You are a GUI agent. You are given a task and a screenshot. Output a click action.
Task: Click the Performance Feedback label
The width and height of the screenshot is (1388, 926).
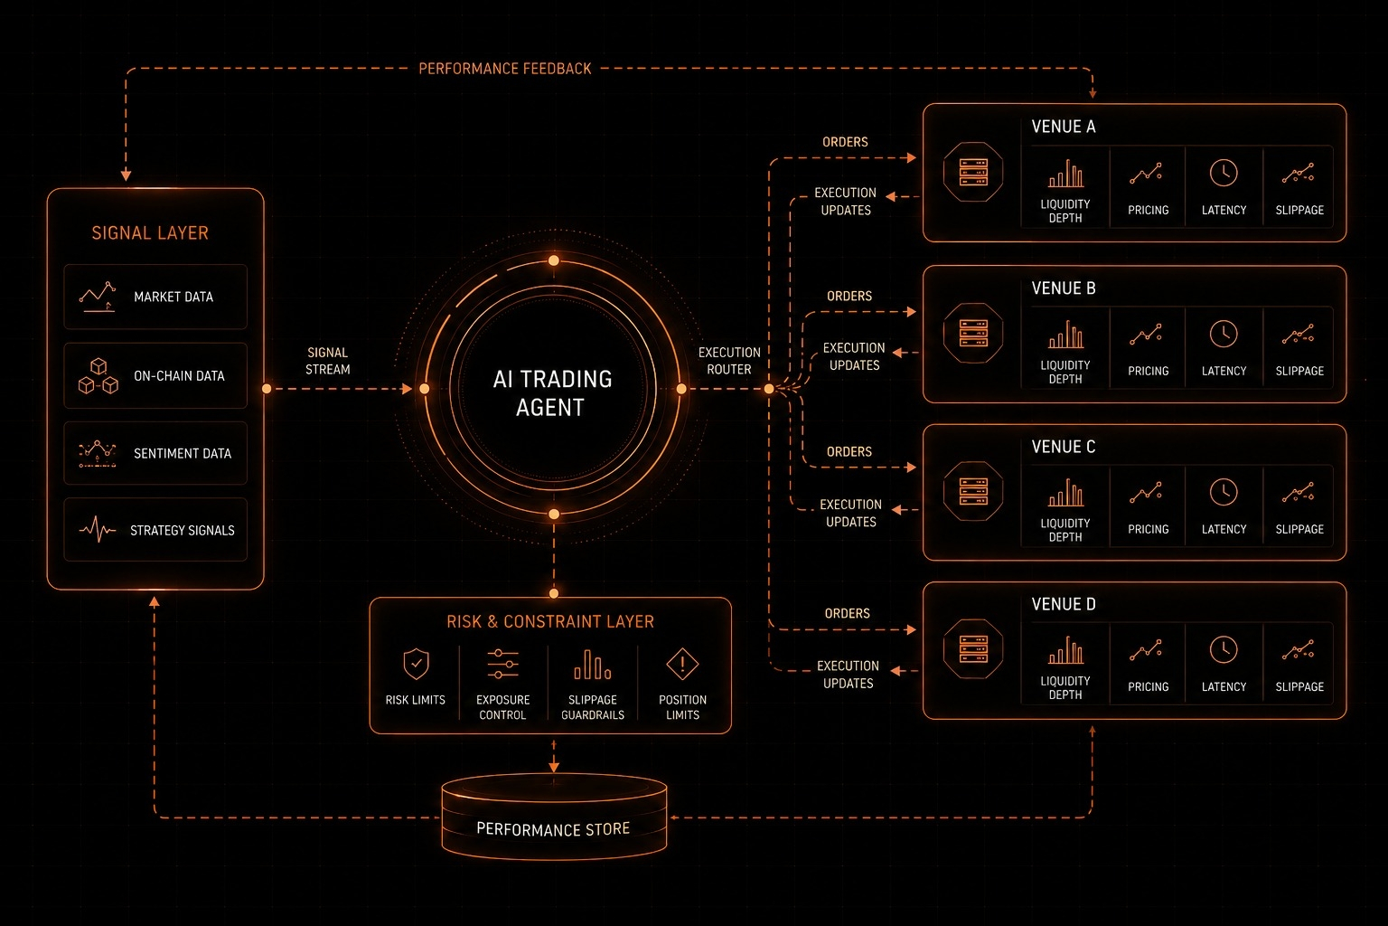pos(505,68)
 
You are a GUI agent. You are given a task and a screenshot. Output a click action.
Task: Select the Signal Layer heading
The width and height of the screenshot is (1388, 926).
pos(150,232)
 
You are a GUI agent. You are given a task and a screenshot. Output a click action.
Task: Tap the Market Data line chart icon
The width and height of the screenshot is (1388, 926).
pos(98,297)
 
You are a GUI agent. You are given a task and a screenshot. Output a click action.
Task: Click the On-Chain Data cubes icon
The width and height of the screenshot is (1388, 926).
pos(98,376)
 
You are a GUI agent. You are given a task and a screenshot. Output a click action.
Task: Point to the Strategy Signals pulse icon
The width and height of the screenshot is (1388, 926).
pos(98,530)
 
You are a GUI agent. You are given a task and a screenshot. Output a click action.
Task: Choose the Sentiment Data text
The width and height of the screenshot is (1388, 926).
pos(183,453)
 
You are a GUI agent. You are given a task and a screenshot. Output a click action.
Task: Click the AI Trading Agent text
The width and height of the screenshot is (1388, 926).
pos(552,392)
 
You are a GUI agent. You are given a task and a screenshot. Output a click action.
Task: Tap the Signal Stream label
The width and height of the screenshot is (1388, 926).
pos(328,361)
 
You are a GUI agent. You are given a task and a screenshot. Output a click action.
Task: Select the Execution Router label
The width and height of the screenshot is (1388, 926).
pos(729,361)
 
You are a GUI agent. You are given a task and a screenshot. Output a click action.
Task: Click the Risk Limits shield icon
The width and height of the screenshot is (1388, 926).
pos(416,665)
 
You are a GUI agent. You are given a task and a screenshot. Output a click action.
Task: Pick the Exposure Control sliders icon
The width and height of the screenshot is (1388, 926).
pos(502,664)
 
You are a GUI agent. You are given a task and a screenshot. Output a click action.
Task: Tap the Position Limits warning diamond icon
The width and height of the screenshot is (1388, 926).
pos(682,665)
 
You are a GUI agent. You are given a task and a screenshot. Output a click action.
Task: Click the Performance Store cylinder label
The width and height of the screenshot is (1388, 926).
pos(553,828)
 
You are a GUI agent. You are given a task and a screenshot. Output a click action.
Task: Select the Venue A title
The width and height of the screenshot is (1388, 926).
pos(1064,127)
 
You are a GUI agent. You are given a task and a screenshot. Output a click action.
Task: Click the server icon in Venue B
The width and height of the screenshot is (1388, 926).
pos(973,333)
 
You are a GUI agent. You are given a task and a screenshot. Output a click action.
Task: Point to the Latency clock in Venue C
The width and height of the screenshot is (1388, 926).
pos(1224,493)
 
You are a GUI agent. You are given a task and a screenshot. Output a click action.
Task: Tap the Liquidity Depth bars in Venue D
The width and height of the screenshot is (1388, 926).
pos(1065,649)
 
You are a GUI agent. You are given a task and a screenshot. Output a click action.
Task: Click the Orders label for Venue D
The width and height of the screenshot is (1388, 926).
pos(847,613)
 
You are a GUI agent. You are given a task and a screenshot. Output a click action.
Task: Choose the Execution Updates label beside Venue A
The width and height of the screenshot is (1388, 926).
pos(845,202)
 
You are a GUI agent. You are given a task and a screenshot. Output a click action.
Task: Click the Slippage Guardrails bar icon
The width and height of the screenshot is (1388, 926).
pos(593,665)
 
